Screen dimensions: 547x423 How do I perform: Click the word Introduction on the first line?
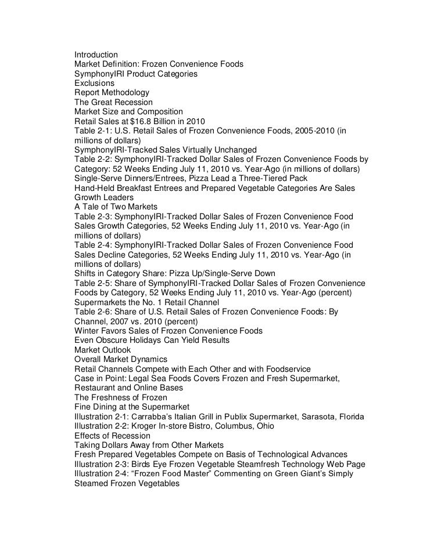(96, 55)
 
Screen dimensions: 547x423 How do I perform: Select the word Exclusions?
(95, 84)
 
